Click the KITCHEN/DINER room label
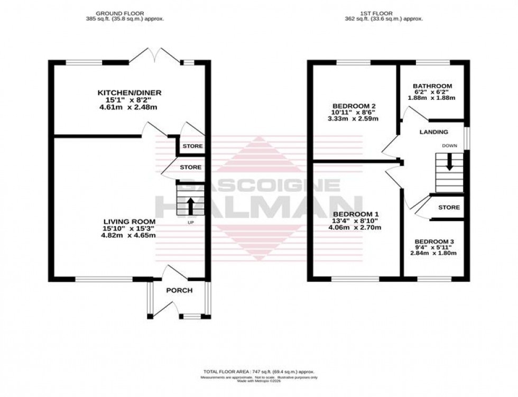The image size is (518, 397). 129,93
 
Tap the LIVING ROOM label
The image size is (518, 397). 129,221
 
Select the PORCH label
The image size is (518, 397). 179,290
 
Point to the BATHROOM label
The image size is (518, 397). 432,86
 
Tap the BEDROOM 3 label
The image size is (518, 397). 434,241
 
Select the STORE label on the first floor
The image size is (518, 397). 449,208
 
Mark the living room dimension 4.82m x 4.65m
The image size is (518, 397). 129,235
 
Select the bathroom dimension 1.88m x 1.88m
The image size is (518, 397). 432,99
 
